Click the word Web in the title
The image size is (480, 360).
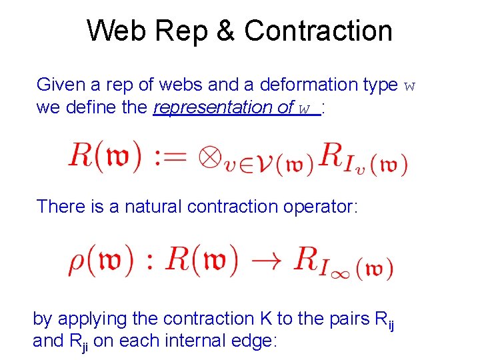[114, 31]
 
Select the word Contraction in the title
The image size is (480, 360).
[318, 31]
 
